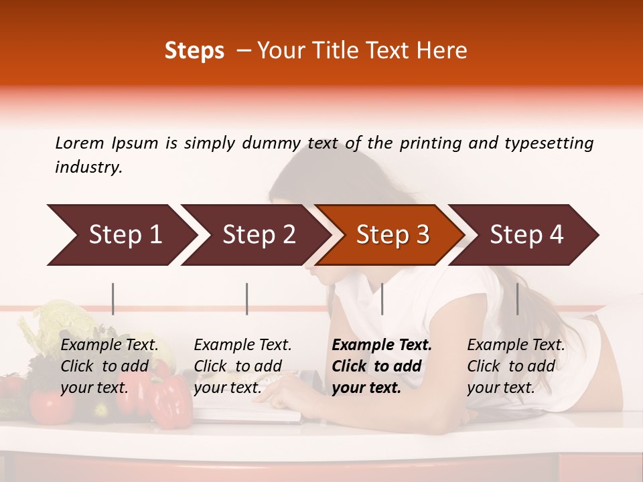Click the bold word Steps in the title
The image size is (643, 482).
(194, 51)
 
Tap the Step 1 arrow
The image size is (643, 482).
(121, 235)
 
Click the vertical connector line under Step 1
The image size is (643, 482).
(113, 299)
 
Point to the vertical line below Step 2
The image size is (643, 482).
(247, 299)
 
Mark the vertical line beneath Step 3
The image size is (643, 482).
(382, 299)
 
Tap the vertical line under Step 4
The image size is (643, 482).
(517, 299)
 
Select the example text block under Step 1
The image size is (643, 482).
(109, 366)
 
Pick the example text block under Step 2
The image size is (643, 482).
(242, 366)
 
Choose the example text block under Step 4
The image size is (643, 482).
(516, 366)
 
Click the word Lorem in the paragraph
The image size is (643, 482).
(80, 143)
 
